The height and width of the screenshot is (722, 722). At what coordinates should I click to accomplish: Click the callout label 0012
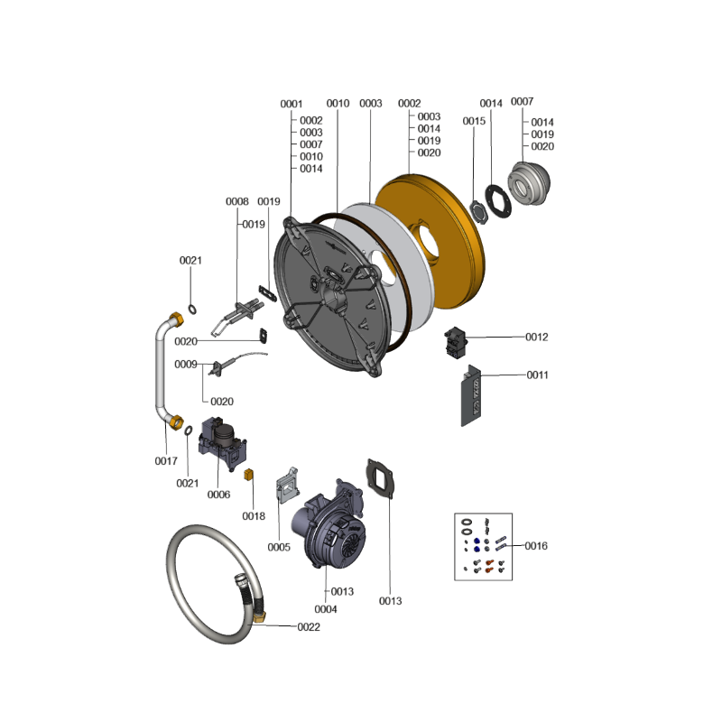536,337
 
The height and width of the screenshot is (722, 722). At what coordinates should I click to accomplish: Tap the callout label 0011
537,375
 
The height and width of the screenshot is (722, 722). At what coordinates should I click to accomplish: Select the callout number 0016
536,546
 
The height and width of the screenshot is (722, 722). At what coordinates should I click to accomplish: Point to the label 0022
309,626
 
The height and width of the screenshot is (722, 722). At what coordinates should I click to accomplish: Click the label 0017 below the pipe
166,461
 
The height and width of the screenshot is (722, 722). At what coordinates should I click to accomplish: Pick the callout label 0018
254,516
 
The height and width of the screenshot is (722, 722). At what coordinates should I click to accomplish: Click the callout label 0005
279,547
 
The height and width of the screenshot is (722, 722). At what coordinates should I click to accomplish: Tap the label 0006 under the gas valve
218,495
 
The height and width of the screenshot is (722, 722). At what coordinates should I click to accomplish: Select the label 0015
474,121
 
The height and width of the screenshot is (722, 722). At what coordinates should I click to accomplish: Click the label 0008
237,201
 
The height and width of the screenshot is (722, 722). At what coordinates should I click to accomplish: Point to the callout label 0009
186,365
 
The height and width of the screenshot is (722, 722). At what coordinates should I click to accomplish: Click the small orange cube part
249,475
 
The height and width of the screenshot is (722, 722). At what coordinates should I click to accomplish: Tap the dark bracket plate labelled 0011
470,396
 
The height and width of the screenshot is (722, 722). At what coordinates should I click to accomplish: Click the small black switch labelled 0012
456,342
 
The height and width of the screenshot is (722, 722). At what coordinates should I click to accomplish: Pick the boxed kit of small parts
483,547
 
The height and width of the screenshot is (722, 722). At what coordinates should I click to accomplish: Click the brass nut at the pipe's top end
176,319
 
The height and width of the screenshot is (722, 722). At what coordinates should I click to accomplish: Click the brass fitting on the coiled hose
259,617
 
